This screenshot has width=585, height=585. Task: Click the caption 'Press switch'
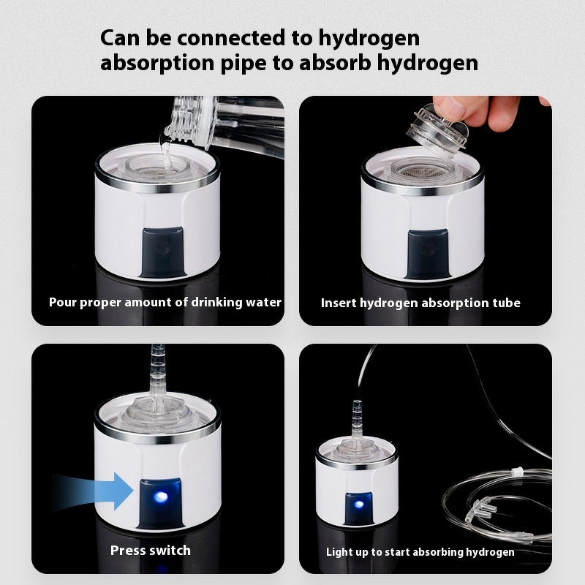150,550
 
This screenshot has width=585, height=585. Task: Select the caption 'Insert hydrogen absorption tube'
420,303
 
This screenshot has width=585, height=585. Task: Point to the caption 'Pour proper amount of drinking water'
165,302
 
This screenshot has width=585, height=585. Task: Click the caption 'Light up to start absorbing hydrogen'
420,552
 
